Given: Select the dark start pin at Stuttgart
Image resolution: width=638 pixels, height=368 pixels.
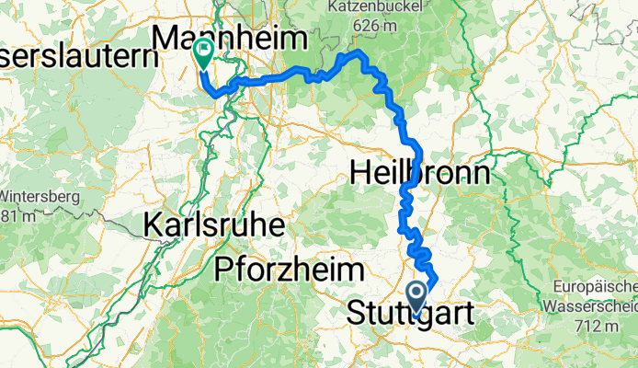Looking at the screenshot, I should pyautogui.click(x=416, y=296).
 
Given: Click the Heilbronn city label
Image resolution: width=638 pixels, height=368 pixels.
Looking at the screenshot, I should pyautogui.click(x=420, y=172).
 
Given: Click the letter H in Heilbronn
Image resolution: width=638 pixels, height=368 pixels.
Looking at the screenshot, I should pyautogui.click(x=359, y=172).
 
